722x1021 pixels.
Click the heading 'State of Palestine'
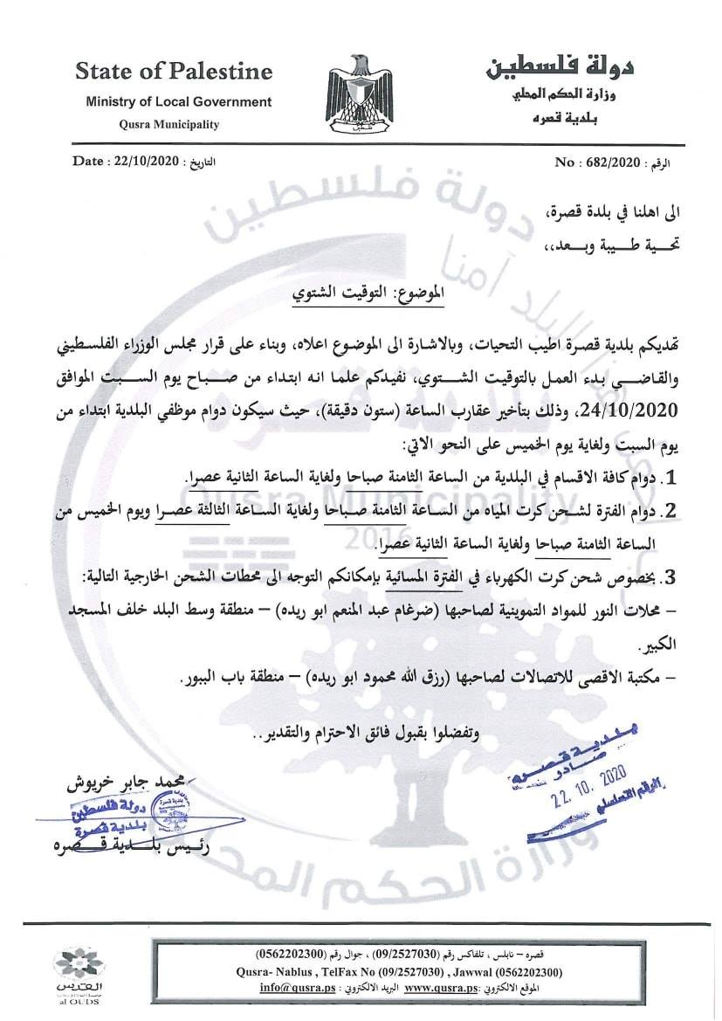pyautogui.click(x=173, y=71)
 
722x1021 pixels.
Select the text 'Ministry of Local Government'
pyautogui.click(x=178, y=102)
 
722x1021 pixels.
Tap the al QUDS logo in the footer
pyautogui.click(x=78, y=975)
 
